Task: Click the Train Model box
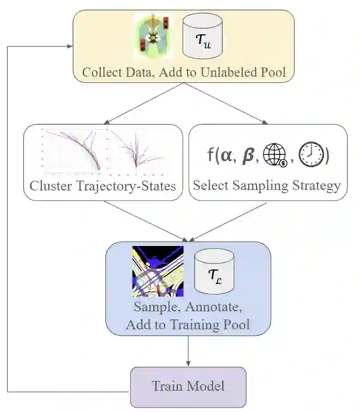(188, 387)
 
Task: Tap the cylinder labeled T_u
(202, 37)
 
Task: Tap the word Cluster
(49, 186)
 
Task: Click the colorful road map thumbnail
(158, 271)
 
